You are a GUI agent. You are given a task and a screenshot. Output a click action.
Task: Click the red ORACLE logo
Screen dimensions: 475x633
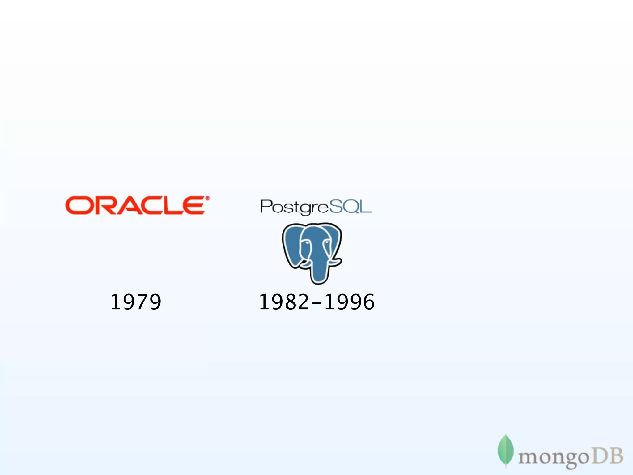pyautogui.click(x=136, y=205)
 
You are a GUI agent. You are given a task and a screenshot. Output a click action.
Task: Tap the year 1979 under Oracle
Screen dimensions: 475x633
pyautogui.click(x=136, y=302)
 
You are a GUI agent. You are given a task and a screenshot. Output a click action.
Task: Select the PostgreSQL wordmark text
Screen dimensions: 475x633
pyautogui.click(x=316, y=207)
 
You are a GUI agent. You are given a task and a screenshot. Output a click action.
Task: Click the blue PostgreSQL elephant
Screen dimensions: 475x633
pyautogui.click(x=312, y=252)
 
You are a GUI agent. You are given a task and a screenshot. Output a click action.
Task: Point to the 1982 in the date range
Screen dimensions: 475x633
pyautogui.click(x=284, y=302)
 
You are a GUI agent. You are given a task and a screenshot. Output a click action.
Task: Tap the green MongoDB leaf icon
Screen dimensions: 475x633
pyautogui.click(x=505, y=450)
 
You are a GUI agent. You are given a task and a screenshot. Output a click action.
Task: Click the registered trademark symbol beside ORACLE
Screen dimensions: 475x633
pyautogui.click(x=207, y=198)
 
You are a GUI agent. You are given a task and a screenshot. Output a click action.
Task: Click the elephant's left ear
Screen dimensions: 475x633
pyautogui.click(x=291, y=244)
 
